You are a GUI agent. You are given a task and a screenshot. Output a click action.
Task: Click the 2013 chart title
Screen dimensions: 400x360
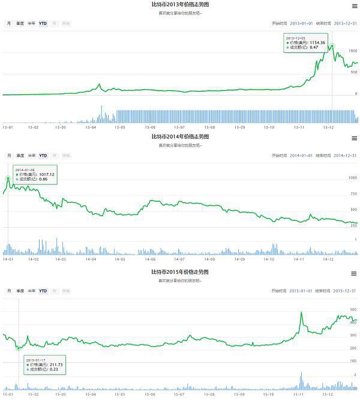click(180, 4)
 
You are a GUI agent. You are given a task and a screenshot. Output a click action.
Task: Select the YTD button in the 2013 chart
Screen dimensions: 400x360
click(43, 23)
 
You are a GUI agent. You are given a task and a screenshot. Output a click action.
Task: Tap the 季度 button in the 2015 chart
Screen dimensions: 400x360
click(20, 291)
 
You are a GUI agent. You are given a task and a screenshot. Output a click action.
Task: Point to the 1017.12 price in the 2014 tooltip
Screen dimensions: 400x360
click(44, 174)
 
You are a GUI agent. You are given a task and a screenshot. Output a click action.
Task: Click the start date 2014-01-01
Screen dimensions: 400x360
click(302, 156)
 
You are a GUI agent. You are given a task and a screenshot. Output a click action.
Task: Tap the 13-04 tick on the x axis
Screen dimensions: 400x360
click(91, 127)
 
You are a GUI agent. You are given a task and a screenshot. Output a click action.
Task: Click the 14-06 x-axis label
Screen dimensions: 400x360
click(149, 259)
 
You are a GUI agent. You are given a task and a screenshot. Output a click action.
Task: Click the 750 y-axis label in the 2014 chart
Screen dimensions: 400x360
click(353, 193)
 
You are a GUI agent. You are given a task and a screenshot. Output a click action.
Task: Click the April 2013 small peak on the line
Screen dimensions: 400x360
click(99, 84)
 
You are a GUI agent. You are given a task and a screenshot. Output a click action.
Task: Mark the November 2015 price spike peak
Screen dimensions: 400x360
click(300, 312)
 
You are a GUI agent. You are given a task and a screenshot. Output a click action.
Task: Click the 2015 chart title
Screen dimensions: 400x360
click(180, 272)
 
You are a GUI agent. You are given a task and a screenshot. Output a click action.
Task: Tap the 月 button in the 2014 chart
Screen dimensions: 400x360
click(9, 156)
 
